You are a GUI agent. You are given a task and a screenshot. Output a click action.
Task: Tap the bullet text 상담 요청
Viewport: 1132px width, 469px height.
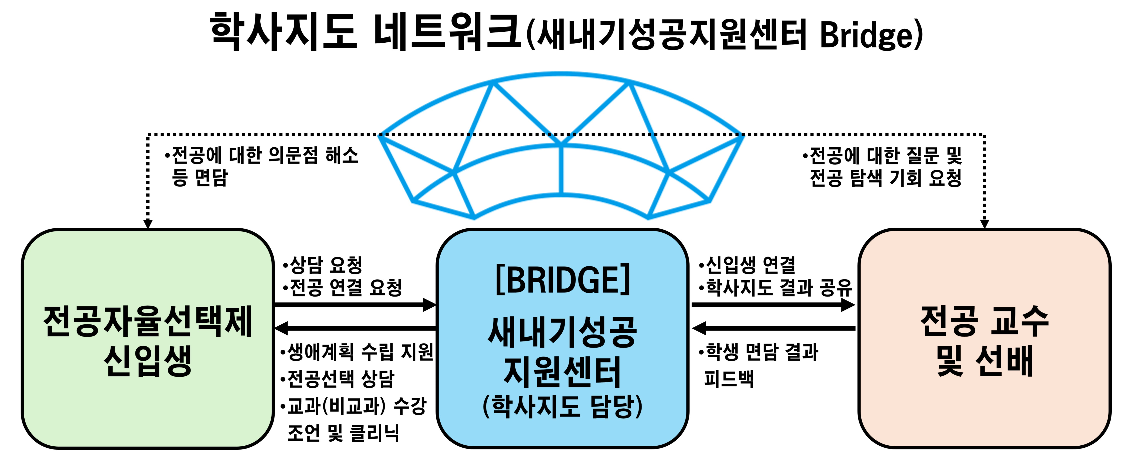click(x=325, y=265)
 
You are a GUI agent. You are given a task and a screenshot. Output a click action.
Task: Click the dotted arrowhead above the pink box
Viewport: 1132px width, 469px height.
click(x=984, y=223)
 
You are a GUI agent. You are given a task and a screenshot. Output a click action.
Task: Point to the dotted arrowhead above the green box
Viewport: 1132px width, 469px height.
click(x=148, y=223)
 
